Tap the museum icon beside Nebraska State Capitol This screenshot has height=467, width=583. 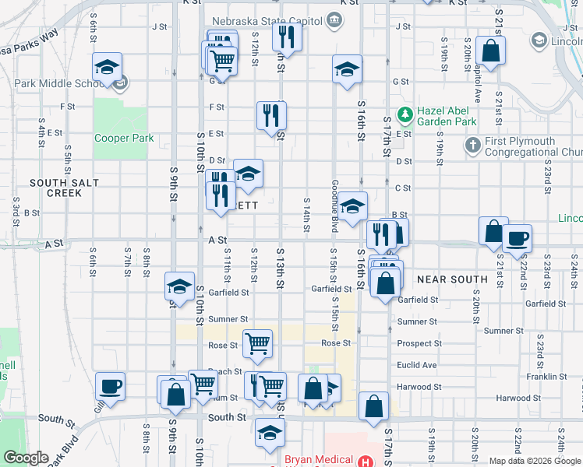click(334, 19)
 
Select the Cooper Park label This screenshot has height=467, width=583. click(124, 139)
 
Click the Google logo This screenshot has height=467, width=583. click(26, 458)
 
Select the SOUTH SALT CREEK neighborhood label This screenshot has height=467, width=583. click(54, 188)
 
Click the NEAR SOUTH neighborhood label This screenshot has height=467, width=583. click(452, 279)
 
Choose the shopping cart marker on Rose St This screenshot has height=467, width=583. click(257, 342)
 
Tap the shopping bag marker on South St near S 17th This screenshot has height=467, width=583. click(374, 406)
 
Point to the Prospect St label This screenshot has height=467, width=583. click(419, 343)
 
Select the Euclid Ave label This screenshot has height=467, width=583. click(417, 365)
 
